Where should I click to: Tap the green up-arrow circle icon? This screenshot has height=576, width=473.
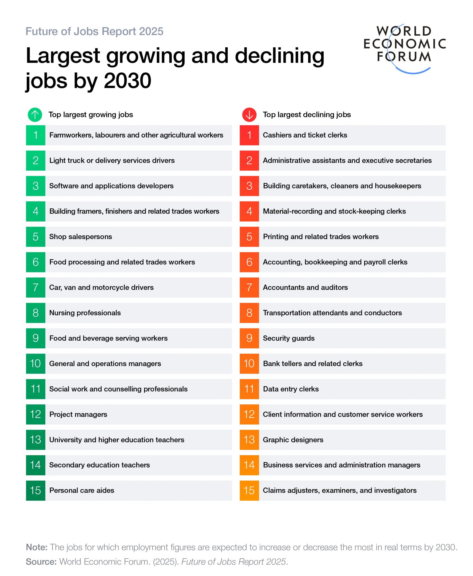[35, 115]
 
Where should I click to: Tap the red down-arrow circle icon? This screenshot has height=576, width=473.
[249, 115]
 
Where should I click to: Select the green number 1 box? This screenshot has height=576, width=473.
[35, 135]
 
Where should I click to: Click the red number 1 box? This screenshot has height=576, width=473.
[249, 135]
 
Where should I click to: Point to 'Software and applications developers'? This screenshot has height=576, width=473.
[111, 186]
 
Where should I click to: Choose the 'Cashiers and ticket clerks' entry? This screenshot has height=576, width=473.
[305, 135]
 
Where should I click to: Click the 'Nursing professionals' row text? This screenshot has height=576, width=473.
[85, 313]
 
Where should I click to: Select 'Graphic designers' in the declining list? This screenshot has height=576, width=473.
[293, 440]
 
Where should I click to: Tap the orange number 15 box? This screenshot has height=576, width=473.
[249, 490]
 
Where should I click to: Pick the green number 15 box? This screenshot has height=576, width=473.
[35, 490]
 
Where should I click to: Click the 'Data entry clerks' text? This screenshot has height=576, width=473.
[291, 389]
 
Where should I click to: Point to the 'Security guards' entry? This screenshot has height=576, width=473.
[288, 338]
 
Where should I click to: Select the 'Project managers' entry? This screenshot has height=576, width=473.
[78, 414]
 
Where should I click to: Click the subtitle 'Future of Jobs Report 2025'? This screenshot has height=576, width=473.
[94, 31]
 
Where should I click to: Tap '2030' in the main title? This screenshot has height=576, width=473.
[127, 81]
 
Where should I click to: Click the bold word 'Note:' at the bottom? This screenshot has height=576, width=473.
[37, 547]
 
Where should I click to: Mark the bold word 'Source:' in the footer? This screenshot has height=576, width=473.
[41, 562]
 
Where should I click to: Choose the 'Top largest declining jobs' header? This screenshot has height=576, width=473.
[307, 115]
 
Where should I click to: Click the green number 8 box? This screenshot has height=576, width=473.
[35, 313]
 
